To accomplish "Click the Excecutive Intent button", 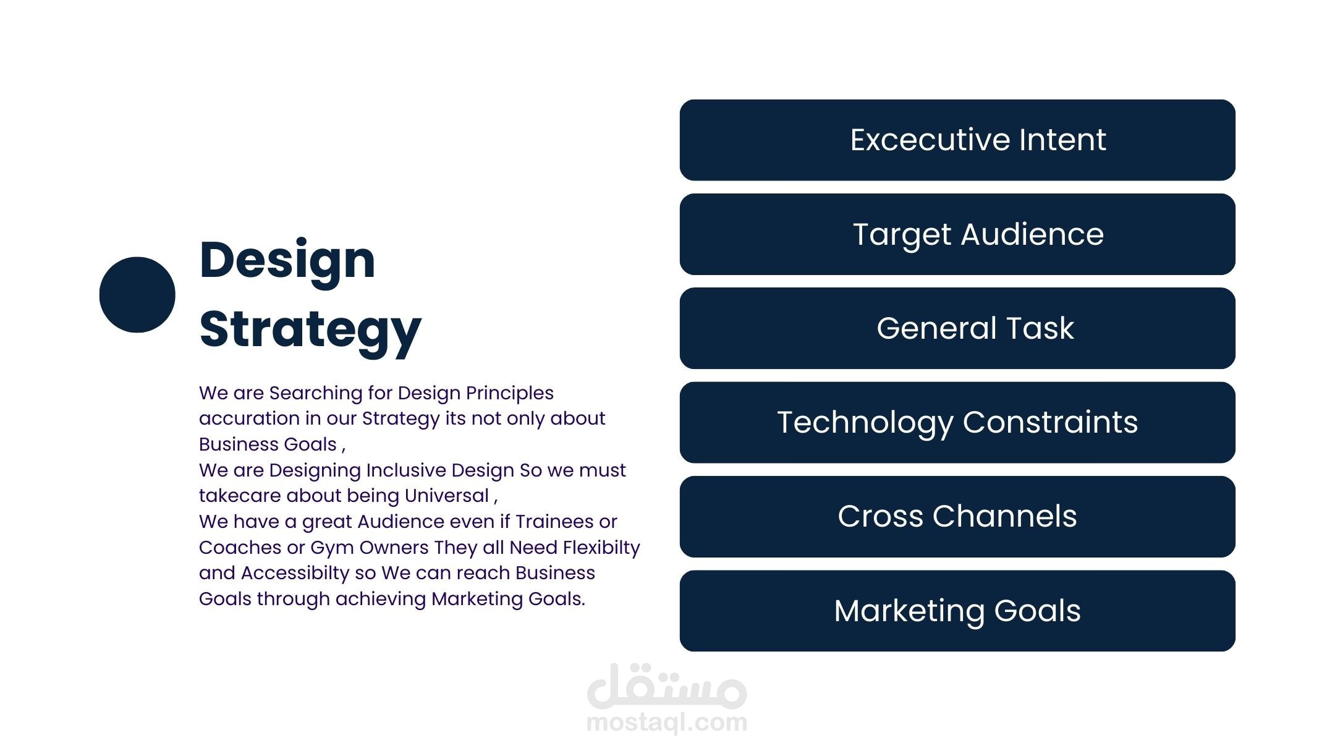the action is click(x=957, y=140).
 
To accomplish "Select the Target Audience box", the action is click(x=957, y=234).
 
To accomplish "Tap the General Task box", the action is click(x=957, y=328).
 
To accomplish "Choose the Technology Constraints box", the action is click(x=957, y=423).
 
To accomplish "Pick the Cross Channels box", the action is click(x=957, y=517).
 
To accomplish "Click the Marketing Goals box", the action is click(x=957, y=611).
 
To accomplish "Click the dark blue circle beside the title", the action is click(x=137, y=295).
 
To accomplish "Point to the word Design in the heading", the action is click(x=287, y=261).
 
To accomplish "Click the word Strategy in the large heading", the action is click(x=310, y=330).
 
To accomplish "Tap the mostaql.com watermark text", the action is click(x=667, y=722).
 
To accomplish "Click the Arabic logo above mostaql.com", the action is click(x=667, y=686).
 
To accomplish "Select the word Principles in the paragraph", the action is click(x=510, y=394).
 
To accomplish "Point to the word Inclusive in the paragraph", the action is click(x=406, y=470).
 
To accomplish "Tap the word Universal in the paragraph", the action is click(x=447, y=496).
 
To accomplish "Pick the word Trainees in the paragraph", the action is click(x=554, y=522).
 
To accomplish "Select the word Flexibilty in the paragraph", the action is click(x=601, y=548).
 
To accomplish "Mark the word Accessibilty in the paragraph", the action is click(x=295, y=574).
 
